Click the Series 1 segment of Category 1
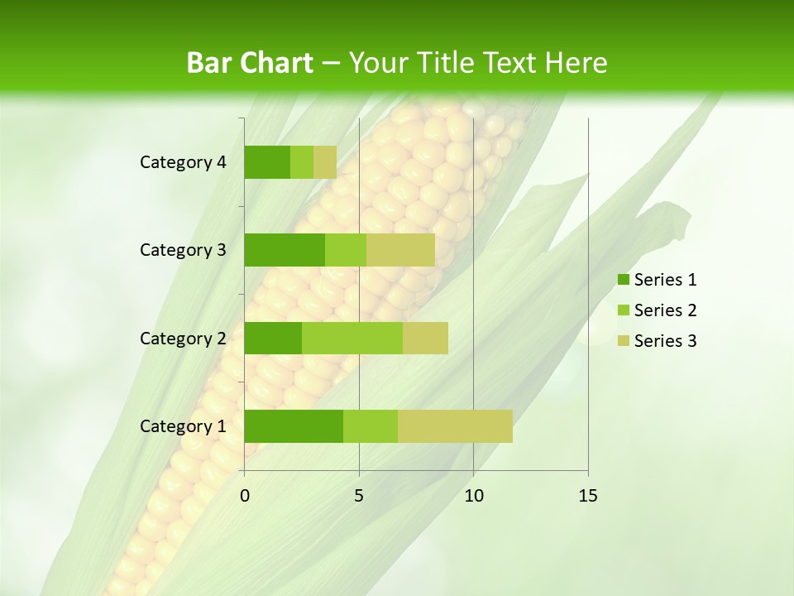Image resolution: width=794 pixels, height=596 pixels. click(x=294, y=425)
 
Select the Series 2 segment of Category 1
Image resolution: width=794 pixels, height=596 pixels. click(x=370, y=425)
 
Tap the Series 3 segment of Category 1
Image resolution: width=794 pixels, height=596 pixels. click(x=455, y=425)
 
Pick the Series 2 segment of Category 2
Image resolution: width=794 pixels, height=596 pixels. click(x=352, y=338)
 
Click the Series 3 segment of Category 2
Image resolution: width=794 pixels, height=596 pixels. click(x=425, y=338)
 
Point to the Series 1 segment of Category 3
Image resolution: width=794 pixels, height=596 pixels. click(x=285, y=250)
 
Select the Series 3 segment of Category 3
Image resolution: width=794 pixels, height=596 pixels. click(x=400, y=250)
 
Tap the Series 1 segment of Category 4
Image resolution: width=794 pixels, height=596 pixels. click(x=267, y=162)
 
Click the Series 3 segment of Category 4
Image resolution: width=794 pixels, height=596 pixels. click(x=325, y=162)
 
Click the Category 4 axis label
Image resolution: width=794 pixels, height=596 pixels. click(x=183, y=162)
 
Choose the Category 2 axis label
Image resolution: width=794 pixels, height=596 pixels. click(x=183, y=338)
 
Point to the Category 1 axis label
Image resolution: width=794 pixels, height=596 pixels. click(x=183, y=425)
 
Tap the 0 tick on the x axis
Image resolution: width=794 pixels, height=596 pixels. click(x=245, y=496)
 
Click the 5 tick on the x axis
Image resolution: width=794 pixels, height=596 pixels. click(x=359, y=496)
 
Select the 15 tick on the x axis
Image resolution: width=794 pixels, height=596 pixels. click(x=587, y=496)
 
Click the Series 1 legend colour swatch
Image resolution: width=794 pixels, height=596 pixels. click(x=623, y=280)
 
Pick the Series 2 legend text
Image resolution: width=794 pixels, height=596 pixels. click(x=665, y=310)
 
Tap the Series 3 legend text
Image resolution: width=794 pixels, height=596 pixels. click(x=665, y=341)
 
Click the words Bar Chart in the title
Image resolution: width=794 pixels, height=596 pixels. click(x=250, y=63)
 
